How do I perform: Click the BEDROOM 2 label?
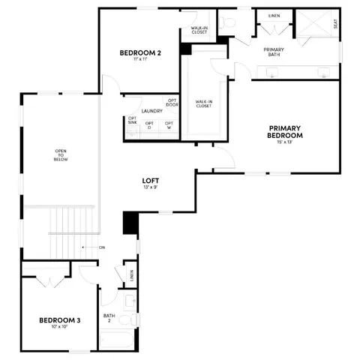click(x=141, y=52)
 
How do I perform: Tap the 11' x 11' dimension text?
click(x=141, y=61)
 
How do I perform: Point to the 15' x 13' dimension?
click(x=285, y=142)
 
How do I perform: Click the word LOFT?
click(x=151, y=180)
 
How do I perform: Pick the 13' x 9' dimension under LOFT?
click(x=151, y=187)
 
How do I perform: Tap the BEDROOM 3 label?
click(x=59, y=321)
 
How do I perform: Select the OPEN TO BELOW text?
click(x=60, y=156)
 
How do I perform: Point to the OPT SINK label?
click(x=132, y=121)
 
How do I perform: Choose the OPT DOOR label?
click(x=172, y=103)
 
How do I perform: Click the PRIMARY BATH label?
click(x=273, y=52)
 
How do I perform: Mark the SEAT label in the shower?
click(x=335, y=23)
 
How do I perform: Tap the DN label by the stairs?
click(x=101, y=247)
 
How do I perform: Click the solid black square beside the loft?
click(x=130, y=223)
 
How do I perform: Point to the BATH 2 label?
click(x=109, y=318)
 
